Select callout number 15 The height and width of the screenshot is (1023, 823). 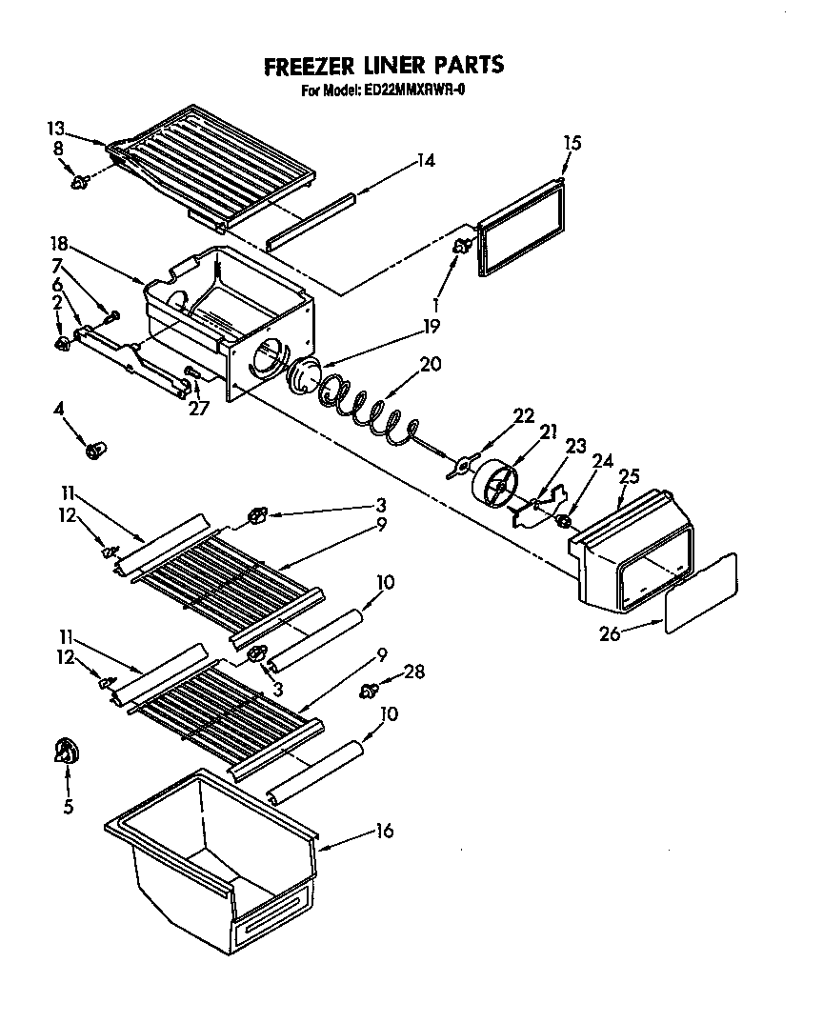pos(572,143)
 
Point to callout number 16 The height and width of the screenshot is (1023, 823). pos(384,832)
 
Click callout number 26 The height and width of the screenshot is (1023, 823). pos(610,632)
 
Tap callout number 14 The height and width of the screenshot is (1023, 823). pos(425,161)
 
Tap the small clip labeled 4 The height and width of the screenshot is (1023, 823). pos(95,450)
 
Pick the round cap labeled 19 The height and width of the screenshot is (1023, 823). pos(306,373)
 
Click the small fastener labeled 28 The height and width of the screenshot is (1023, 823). pos(370,689)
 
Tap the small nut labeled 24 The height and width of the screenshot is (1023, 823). pos(564,521)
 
